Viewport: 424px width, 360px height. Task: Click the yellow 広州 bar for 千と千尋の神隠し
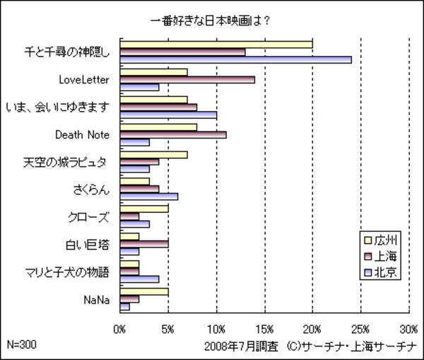[216, 44]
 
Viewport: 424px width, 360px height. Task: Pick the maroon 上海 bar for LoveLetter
[187, 79]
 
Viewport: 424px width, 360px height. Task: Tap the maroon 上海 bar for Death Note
[173, 134]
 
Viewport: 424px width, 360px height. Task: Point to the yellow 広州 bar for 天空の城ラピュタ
[153, 153]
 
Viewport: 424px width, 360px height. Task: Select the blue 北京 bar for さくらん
[148, 196]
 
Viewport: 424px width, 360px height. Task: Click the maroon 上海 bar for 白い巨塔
[144, 244]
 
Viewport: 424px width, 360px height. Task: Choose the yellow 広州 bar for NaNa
[144, 291]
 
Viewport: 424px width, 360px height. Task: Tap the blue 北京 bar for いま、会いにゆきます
[168, 115]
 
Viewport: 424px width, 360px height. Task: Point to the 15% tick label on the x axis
[264, 329]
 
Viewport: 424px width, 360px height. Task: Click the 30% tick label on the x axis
[408, 329]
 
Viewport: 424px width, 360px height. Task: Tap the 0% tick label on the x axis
[120, 329]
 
